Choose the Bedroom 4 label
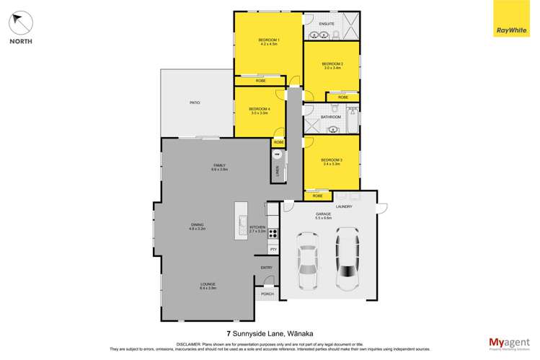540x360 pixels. [259, 110]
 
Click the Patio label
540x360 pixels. [195, 103]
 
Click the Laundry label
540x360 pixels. [343, 207]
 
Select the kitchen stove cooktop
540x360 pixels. [273, 232]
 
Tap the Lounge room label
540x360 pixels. [208, 286]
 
